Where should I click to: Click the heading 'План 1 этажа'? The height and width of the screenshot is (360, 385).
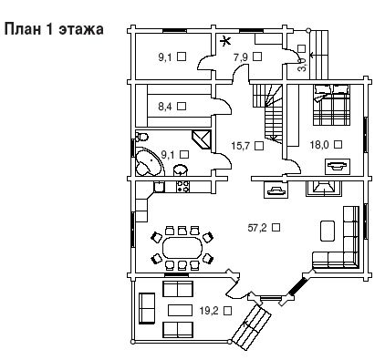click(x=54, y=29)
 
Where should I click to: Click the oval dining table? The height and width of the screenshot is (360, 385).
click(x=182, y=248)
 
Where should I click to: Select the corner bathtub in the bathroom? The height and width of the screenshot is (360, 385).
click(x=149, y=162)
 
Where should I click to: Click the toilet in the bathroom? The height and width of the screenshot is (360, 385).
click(x=141, y=137)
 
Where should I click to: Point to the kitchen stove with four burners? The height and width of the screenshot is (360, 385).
click(x=183, y=186)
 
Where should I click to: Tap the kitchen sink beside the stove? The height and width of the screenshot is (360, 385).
click(x=159, y=187)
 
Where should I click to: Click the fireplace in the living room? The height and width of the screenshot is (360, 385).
click(x=324, y=188)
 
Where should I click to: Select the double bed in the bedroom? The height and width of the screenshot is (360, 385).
click(x=331, y=105)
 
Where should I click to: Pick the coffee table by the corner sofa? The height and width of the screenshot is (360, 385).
click(x=328, y=231)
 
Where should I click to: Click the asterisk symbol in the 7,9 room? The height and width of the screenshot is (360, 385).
click(x=224, y=41)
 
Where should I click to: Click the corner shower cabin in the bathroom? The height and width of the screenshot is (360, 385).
click(x=202, y=139)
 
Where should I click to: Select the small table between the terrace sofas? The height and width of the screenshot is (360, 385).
click(x=180, y=311)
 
